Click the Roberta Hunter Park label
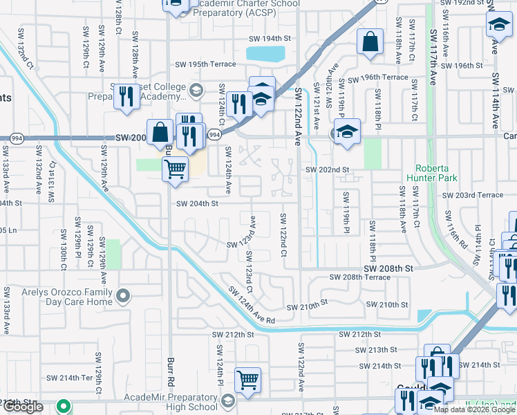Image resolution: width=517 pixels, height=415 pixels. click(x=436, y=173)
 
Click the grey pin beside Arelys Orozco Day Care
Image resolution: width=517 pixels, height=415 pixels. click(x=123, y=296)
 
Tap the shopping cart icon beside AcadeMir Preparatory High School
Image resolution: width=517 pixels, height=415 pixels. click(x=247, y=379)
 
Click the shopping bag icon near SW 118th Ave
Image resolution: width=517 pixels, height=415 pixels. click(x=370, y=41)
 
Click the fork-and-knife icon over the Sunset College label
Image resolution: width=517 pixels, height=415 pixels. click(x=125, y=97)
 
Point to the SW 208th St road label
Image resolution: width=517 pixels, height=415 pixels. click(x=389, y=268)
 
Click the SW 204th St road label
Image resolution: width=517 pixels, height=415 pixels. click(x=197, y=203)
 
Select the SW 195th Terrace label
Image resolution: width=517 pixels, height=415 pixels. click(x=205, y=64)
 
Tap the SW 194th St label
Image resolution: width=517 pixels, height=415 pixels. click(x=269, y=38)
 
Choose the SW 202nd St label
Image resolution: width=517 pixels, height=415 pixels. click(x=328, y=169)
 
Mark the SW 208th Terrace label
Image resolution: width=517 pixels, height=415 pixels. click(x=360, y=277)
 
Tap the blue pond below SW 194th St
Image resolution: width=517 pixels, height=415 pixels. click(x=266, y=53)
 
